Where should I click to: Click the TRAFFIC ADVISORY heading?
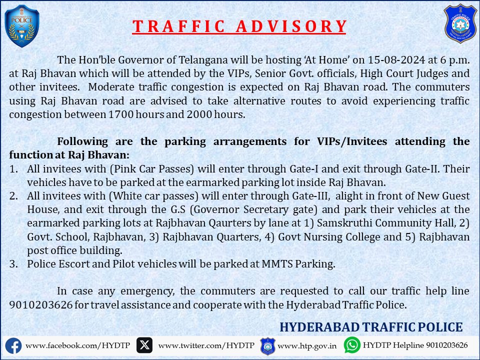pyautogui.click(x=239, y=26)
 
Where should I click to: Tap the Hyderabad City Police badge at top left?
pyautogui.click(x=21, y=26)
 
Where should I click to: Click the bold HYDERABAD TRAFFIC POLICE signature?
pyautogui.click(x=371, y=327)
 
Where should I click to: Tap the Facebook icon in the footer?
pyautogui.click(x=13, y=345)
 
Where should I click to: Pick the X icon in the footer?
pyautogui.click(x=145, y=345)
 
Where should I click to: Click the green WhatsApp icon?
pyautogui.click(x=352, y=345)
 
